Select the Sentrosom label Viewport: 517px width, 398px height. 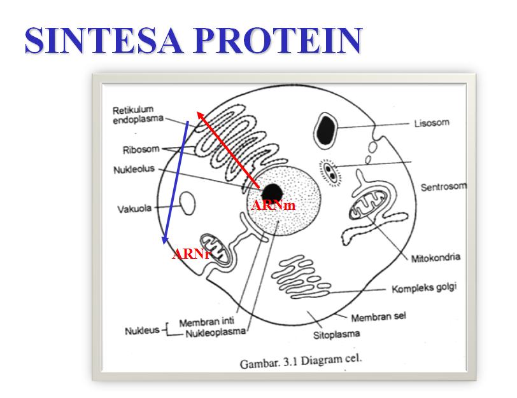[443, 187]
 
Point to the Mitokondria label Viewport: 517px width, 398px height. [436, 258]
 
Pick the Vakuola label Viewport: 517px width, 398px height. [134, 209]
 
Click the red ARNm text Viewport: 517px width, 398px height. [274, 206]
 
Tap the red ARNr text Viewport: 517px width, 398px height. [192, 254]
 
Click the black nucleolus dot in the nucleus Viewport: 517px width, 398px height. [273, 191]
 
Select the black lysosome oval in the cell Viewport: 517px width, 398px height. [328, 127]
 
